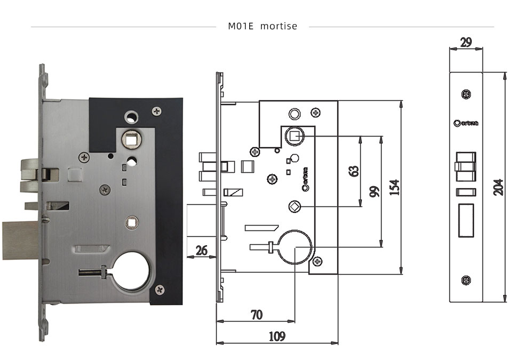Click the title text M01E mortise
click(x=262, y=26)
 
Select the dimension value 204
click(x=498, y=187)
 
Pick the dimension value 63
click(x=353, y=171)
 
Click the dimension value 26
click(x=201, y=250)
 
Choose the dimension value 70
click(x=256, y=315)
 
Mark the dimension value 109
click(x=276, y=336)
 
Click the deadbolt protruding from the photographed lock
click(x=20, y=235)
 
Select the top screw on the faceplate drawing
click(x=466, y=94)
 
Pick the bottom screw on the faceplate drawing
click(x=466, y=279)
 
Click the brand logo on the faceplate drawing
click(x=466, y=123)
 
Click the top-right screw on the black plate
click(x=156, y=111)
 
